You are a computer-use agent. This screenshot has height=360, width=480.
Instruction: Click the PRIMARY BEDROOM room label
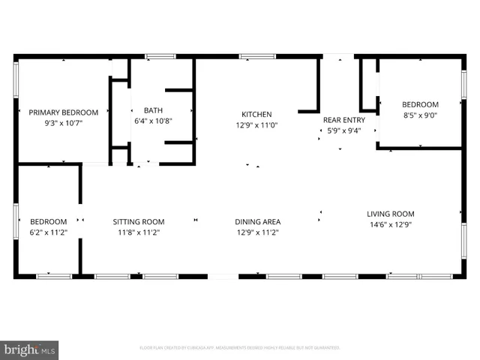click(x=62, y=112)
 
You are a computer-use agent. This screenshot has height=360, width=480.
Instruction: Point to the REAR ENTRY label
click(x=343, y=120)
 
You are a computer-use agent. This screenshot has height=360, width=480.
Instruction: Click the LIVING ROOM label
click(x=390, y=214)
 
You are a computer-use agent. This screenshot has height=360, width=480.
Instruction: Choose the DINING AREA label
click(x=257, y=222)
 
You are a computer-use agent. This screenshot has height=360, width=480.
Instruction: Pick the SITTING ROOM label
click(x=138, y=222)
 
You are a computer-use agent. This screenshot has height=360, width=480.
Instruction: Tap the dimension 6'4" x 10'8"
click(x=153, y=121)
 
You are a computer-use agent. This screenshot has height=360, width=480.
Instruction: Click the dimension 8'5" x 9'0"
click(x=420, y=115)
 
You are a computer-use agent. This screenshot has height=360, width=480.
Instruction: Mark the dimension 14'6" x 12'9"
click(x=390, y=224)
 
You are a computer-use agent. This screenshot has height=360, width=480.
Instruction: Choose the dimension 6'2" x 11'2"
click(x=49, y=232)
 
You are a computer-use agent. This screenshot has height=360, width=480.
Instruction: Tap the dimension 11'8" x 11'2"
click(x=138, y=232)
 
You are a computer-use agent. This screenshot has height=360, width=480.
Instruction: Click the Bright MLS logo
click(x=30, y=349)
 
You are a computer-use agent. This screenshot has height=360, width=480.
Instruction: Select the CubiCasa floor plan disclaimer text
click(x=240, y=348)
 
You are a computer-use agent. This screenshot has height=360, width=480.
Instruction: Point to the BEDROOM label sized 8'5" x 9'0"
click(x=420, y=105)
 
